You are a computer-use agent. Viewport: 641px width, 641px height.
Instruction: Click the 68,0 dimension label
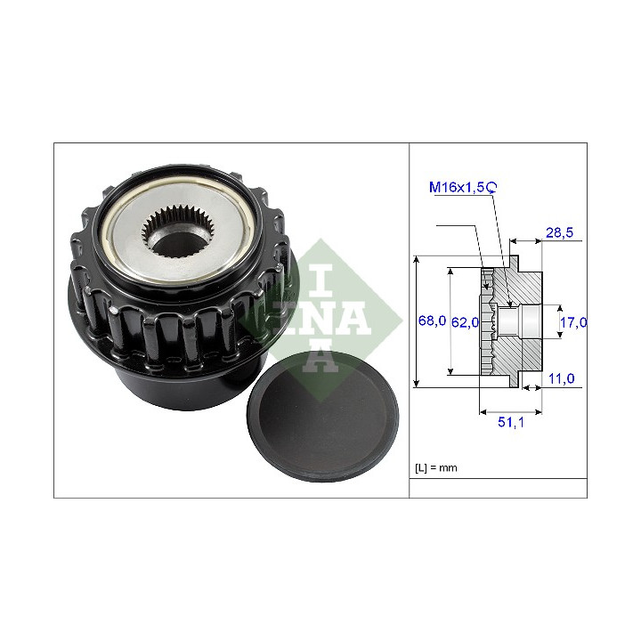click(x=432, y=320)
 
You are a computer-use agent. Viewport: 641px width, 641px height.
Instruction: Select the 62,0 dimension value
click(x=465, y=322)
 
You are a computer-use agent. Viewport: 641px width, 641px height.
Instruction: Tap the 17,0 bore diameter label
click(x=573, y=322)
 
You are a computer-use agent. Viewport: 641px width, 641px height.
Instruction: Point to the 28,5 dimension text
click(x=559, y=232)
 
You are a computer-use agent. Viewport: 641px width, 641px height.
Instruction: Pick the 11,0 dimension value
click(x=561, y=378)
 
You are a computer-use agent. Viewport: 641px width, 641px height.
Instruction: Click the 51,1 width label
click(x=511, y=422)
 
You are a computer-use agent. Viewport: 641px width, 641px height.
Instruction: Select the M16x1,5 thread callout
click(x=457, y=187)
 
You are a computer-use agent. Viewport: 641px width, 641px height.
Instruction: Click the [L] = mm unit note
click(x=435, y=467)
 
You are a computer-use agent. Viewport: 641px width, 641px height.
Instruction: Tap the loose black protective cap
click(x=322, y=416)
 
